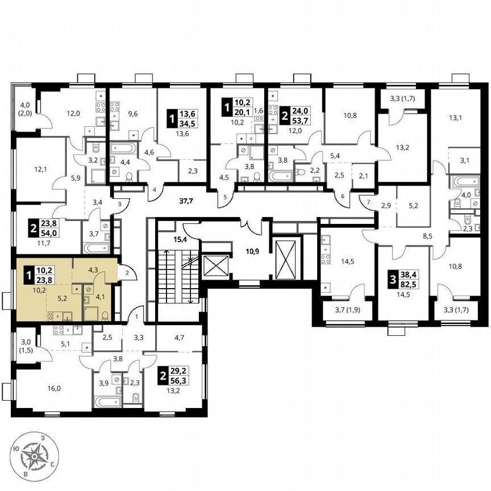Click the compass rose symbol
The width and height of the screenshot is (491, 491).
pyautogui.click(x=38, y=458)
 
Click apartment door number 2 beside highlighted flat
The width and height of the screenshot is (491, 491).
pyautogui.click(x=127, y=273)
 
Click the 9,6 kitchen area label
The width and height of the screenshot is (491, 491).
pyautogui.click(x=133, y=113)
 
